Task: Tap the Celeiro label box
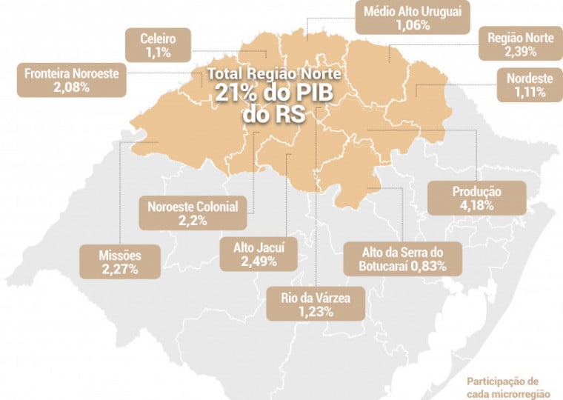click(157, 45)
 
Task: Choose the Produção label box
click(477, 198)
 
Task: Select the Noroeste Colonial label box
click(192, 213)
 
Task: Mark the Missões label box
click(119, 262)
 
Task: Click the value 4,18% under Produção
click(477, 205)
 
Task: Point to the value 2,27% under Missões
click(119, 270)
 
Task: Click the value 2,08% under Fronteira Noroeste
click(71, 87)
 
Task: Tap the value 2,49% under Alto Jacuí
click(259, 261)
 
